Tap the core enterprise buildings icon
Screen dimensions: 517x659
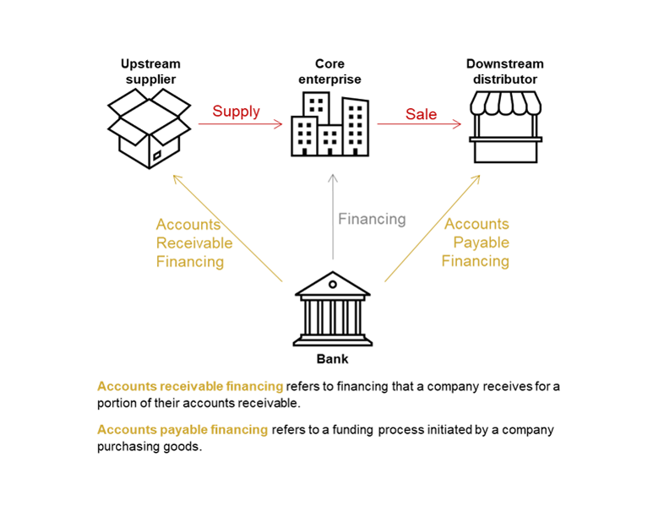tap(330, 127)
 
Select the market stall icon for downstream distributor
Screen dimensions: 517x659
tap(505, 128)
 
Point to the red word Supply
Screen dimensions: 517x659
tap(236, 112)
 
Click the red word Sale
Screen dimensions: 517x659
tap(421, 114)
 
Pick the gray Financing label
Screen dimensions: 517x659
tap(372, 219)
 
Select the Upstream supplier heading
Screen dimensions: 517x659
tap(150, 71)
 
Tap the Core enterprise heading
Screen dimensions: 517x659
tap(331, 71)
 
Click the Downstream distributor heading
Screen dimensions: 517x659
tap(505, 71)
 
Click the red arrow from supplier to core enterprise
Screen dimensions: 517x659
tap(240, 125)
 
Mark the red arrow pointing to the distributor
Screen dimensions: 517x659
tap(420, 125)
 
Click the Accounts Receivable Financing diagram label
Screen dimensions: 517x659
tap(193, 243)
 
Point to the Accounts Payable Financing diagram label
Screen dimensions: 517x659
tap(477, 242)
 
